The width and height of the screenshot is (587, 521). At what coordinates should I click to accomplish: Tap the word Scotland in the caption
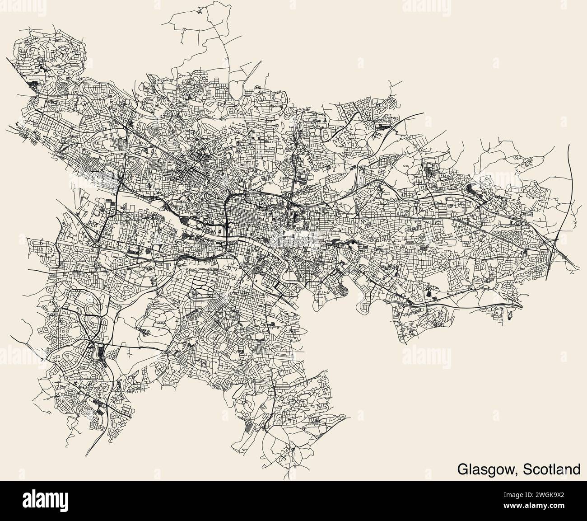tap(552, 469)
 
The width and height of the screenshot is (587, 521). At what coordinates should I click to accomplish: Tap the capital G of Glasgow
tap(463, 469)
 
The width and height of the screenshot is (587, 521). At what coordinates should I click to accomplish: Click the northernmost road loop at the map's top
tap(190, 18)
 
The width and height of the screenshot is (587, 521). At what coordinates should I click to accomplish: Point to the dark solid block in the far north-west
tap(34, 83)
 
